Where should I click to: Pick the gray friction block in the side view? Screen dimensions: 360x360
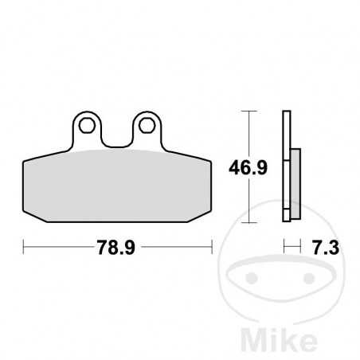294,185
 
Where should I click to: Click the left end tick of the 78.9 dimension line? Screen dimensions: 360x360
24,248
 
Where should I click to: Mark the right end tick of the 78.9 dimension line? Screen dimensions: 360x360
212,248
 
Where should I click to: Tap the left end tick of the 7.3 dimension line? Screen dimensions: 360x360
284,248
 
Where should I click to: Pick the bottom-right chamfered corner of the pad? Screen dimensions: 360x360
205,216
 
